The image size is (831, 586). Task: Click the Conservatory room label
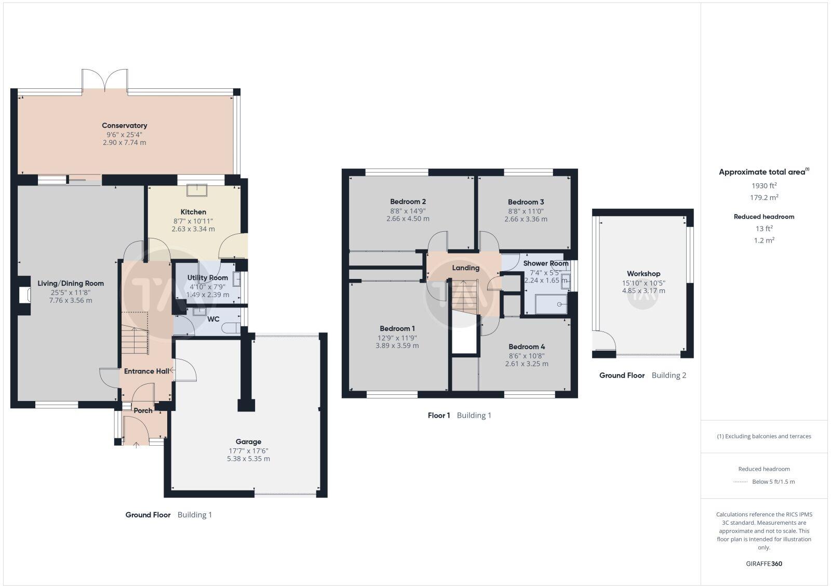(x=124, y=125)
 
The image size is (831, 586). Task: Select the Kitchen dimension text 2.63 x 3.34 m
(x=193, y=229)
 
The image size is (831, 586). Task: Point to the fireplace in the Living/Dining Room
(x=24, y=295)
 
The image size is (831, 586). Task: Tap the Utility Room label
(x=208, y=277)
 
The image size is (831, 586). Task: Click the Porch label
(x=143, y=410)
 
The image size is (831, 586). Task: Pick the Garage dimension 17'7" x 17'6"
(x=248, y=451)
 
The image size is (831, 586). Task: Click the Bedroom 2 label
(x=408, y=202)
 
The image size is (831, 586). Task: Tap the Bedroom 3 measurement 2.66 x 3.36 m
(x=526, y=219)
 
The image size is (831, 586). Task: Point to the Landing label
(x=465, y=268)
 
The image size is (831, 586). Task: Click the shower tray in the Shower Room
(x=551, y=304)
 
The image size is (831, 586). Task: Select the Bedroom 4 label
(x=527, y=347)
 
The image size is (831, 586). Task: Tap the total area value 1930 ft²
(x=764, y=185)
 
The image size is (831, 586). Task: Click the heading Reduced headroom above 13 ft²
(x=764, y=217)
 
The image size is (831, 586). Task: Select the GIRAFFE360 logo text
(x=764, y=564)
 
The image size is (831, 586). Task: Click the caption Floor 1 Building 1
(x=459, y=415)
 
